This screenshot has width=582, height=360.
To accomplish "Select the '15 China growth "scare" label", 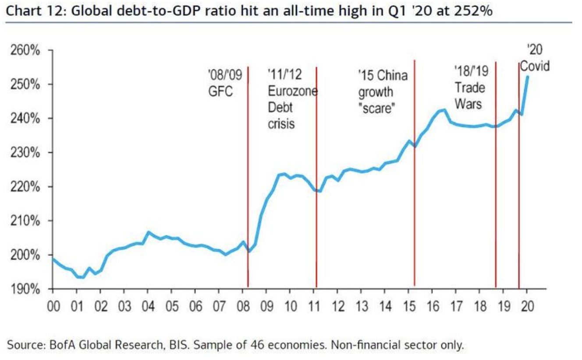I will pyautogui.click(x=383, y=92).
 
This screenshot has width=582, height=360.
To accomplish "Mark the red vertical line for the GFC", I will pyautogui.click(x=248, y=175).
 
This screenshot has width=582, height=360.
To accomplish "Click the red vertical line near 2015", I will pyautogui.click(x=414, y=175).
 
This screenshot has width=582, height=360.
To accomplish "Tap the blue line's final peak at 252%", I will pyautogui.click(x=527, y=77).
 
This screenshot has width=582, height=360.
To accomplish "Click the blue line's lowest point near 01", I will pyautogui.click(x=81, y=277).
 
